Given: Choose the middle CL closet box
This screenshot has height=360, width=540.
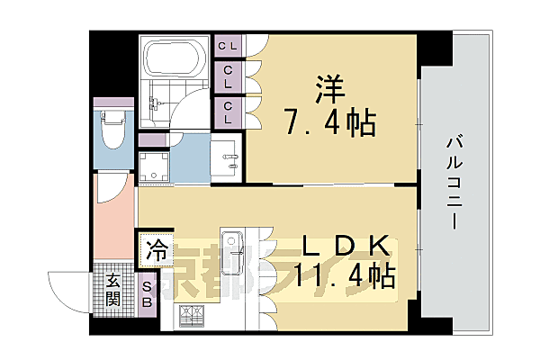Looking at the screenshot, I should click(227, 75).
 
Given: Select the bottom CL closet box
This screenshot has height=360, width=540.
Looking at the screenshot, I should click(227, 109).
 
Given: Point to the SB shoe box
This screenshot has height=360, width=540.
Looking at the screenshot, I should click(148, 293).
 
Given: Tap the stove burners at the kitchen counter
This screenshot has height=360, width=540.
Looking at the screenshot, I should click(193, 315).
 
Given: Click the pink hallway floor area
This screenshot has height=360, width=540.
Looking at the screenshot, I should click(112, 225).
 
